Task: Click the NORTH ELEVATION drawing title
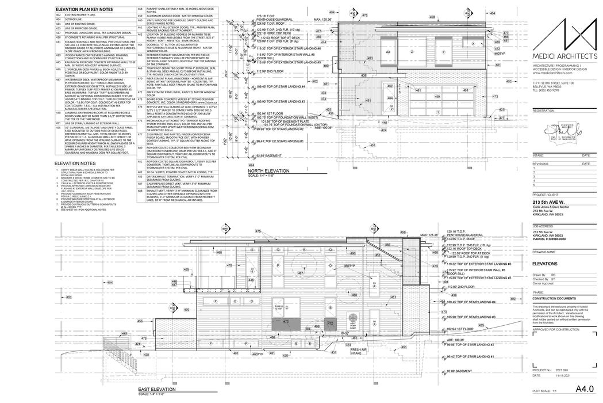[269, 171]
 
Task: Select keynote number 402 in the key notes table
[58, 19]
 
